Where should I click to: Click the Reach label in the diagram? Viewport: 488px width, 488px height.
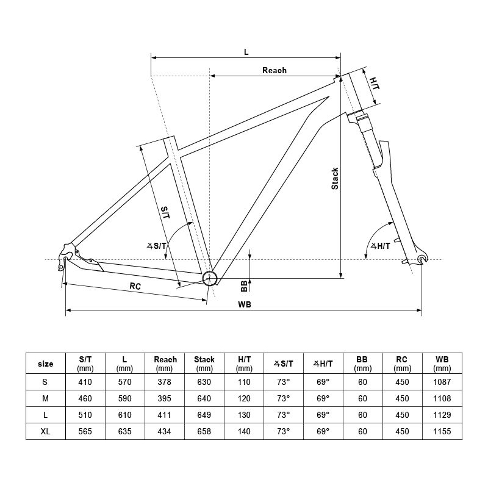pyautogui.click(x=274, y=70)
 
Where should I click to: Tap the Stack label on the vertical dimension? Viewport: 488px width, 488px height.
pyautogui.click(x=335, y=178)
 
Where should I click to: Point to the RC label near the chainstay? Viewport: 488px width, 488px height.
pyautogui.click(x=135, y=285)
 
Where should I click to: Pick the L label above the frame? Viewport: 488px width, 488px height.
pyautogui.click(x=246, y=52)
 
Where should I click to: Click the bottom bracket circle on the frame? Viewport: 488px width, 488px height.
pyautogui.click(x=210, y=278)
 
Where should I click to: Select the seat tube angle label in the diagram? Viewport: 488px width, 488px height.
pyautogui.click(x=157, y=245)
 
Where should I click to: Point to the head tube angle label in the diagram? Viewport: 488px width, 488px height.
pyautogui.click(x=381, y=246)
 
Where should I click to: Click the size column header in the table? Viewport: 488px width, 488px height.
pyautogui.click(x=45, y=364)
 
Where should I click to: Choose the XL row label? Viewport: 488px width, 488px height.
pyautogui.click(x=45, y=431)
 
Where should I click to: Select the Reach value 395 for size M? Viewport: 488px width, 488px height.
pyautogui.click(x=164, y=398)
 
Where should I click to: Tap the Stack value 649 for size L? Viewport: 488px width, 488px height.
pyautogui.click(x=204, y=415)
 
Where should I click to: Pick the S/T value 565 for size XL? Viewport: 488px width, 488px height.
pyautogui.click(x=85, y=431)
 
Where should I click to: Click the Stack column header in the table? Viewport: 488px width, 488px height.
pyautogui.click(x=204, y=364)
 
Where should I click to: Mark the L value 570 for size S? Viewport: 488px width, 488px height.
pyautogui.click(x=124, y=382)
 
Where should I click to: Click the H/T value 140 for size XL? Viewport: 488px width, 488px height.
pyautogui.click(x=244, y=431)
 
